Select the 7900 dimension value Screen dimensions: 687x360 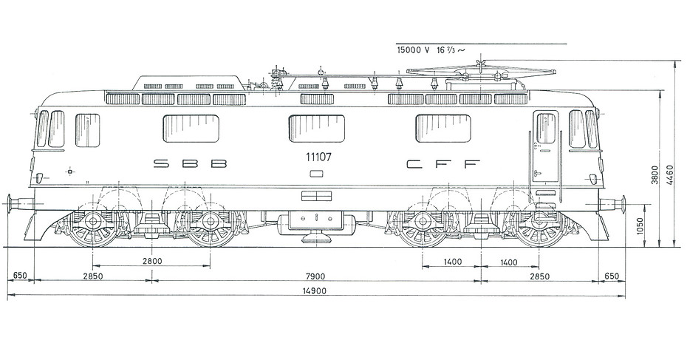(x=315, y=276)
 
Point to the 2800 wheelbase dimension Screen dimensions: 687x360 (x=152, y=262)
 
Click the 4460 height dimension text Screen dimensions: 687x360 (x=669, y=174)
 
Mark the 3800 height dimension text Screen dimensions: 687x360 (x=654, y=174)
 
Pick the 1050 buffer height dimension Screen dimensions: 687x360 (x=640, y=226)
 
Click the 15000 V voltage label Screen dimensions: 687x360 (x=413, y=50)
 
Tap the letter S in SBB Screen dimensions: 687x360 (x=161, y=163)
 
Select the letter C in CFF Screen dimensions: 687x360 (x=414, y=164)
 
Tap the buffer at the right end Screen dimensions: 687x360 (x=612, y=204)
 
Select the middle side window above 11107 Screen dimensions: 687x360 (x=317, y=129)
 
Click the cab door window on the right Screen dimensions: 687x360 (x=546, y=128)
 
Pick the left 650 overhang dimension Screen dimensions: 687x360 (x=20, y=276)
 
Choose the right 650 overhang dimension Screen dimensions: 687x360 (x=612, y=276)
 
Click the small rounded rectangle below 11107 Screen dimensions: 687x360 (x=316, y=174)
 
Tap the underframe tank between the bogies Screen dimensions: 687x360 (x=316, y=221)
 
